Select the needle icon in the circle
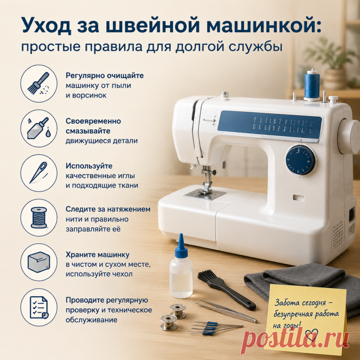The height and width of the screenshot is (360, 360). point(39,173)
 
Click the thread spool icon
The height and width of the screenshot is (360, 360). point(39,218)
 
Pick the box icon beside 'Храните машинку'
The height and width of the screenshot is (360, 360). point(39,262)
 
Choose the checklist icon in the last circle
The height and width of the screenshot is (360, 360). point(39,307)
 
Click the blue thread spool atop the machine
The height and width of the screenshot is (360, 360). point(311,85)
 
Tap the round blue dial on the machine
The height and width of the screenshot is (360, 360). point(301,160)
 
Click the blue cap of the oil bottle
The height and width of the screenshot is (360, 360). point(181,246)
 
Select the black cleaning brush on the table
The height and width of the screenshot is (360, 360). point(226,289)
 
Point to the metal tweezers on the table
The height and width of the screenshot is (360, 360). point(226,310)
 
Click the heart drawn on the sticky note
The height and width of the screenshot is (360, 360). point(311,335)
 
